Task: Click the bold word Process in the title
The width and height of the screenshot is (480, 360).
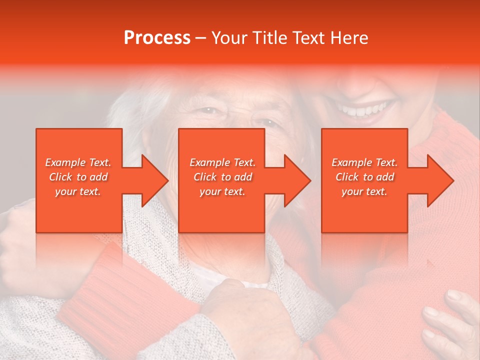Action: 157,38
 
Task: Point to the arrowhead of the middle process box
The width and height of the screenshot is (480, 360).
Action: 296,180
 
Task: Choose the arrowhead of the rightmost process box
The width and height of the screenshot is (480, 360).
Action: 439,180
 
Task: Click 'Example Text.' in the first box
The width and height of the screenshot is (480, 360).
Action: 78,162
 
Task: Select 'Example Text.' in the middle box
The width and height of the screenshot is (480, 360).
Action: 222,162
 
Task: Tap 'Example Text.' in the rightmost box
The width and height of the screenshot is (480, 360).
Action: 364,162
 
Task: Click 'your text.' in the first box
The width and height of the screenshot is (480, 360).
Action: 78,191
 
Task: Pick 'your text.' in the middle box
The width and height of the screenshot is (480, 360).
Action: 222,191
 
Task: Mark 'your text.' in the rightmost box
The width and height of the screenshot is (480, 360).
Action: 364,191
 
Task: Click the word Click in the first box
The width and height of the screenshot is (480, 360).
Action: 61,177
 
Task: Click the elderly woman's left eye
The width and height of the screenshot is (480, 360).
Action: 268,122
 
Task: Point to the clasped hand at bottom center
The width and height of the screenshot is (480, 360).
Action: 245,315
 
